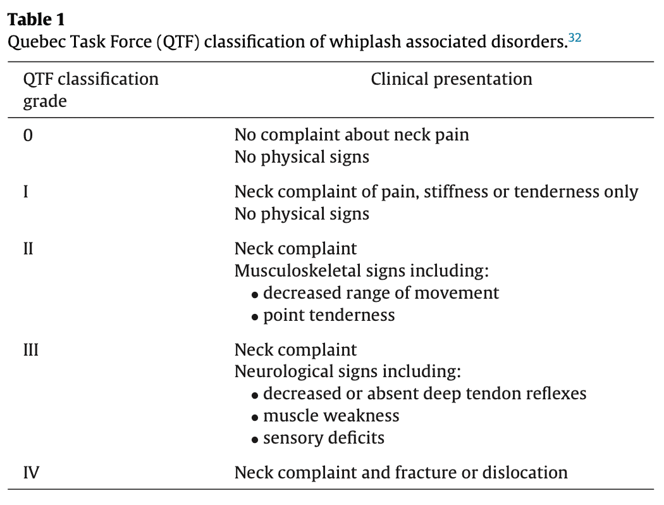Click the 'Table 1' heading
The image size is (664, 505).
tap(37, 20)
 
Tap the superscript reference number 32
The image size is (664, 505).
tap(575, 38)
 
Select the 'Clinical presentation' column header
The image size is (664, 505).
tap(452, 79)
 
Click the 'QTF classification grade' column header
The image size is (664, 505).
tap(90, 90)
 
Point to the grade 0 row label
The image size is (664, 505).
tap(28, 135)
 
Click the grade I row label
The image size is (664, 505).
tap(26, 192)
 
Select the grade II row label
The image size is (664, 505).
tap(28, 249)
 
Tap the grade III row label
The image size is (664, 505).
tap(31, 351)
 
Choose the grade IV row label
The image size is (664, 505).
tap(32, 473)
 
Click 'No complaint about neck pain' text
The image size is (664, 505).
tap(352, 135)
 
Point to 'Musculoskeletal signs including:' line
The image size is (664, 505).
tap(362, 271)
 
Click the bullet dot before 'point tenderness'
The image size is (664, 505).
tap(254, 317)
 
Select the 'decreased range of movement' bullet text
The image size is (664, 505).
tap(381, 293)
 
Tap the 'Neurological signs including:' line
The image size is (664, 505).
tap(348, 371)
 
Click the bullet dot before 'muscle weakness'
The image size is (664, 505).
tap(254, 418)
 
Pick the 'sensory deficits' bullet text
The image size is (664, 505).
tap(324, 438)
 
